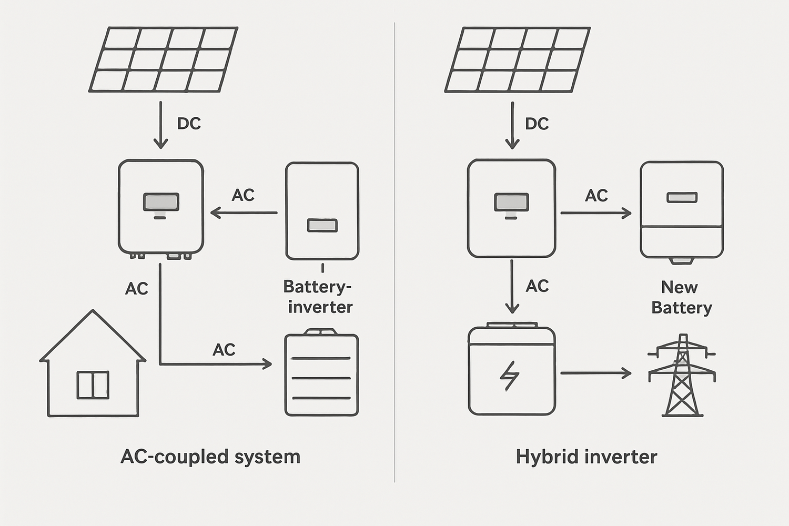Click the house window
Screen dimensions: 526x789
[x=93, y=385]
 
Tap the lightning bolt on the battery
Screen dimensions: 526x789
[x=509, y=376]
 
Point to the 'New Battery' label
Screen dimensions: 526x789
[x=681, y=297]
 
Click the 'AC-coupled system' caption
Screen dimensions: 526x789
[x=210, y=457]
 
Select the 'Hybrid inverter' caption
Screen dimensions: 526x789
[x=586, y=457]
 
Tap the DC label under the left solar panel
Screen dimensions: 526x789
[x=189, y=124]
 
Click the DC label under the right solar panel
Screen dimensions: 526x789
[x=537, y=124]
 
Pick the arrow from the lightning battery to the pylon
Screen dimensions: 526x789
[x=596, y=373]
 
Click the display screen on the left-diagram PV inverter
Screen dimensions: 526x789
[x=161, y=202]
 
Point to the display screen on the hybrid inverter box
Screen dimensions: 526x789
[x=511, y=202]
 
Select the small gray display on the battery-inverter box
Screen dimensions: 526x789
[x=322, y=226]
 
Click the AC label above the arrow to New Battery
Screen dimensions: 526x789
[x=596, y=196]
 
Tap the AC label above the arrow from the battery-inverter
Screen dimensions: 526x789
[x=243, y=195]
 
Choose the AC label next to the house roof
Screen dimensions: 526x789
[x=137, y=288]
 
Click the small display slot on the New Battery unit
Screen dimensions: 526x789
[x=682, y=197]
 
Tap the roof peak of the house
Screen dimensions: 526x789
[x=93, y=311]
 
